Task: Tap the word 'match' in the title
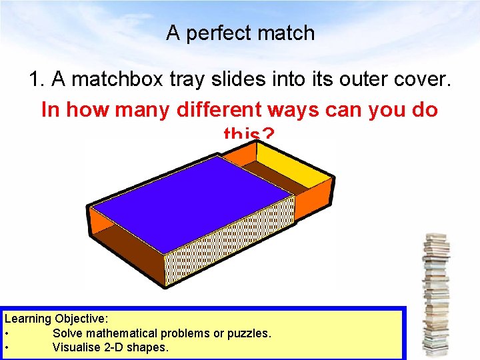pos(289,33)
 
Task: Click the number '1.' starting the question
pos(37,80)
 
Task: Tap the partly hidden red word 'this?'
pos(248,135)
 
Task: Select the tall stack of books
pos(437,293)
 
